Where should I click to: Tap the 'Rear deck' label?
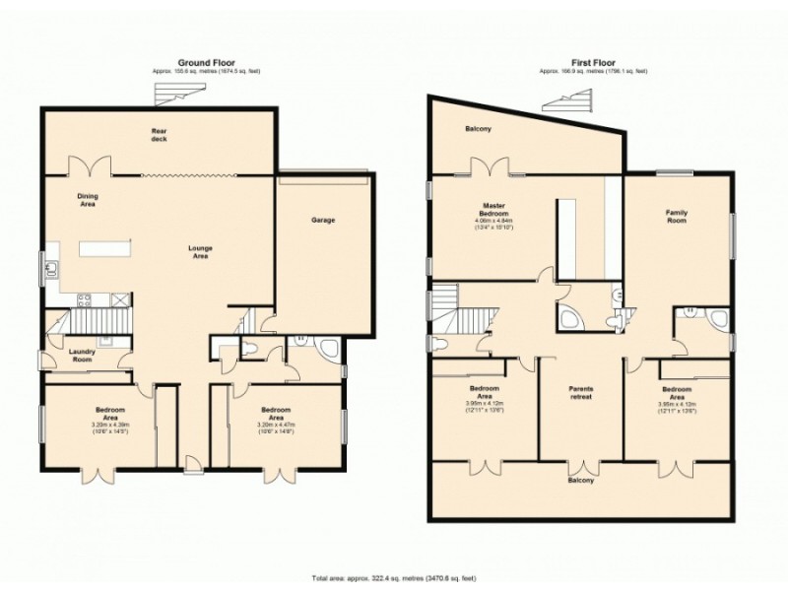[160, 135]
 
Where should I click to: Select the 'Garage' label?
[323, 220]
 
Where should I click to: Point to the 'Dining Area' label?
[89, 201]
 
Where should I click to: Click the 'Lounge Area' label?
[201, 251]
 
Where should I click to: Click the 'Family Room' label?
[677, 216]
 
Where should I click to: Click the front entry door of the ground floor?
[192, 463]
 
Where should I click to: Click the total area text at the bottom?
[394, 576]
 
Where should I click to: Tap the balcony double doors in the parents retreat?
[582, 468]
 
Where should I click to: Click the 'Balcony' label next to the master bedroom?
[479, 129]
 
